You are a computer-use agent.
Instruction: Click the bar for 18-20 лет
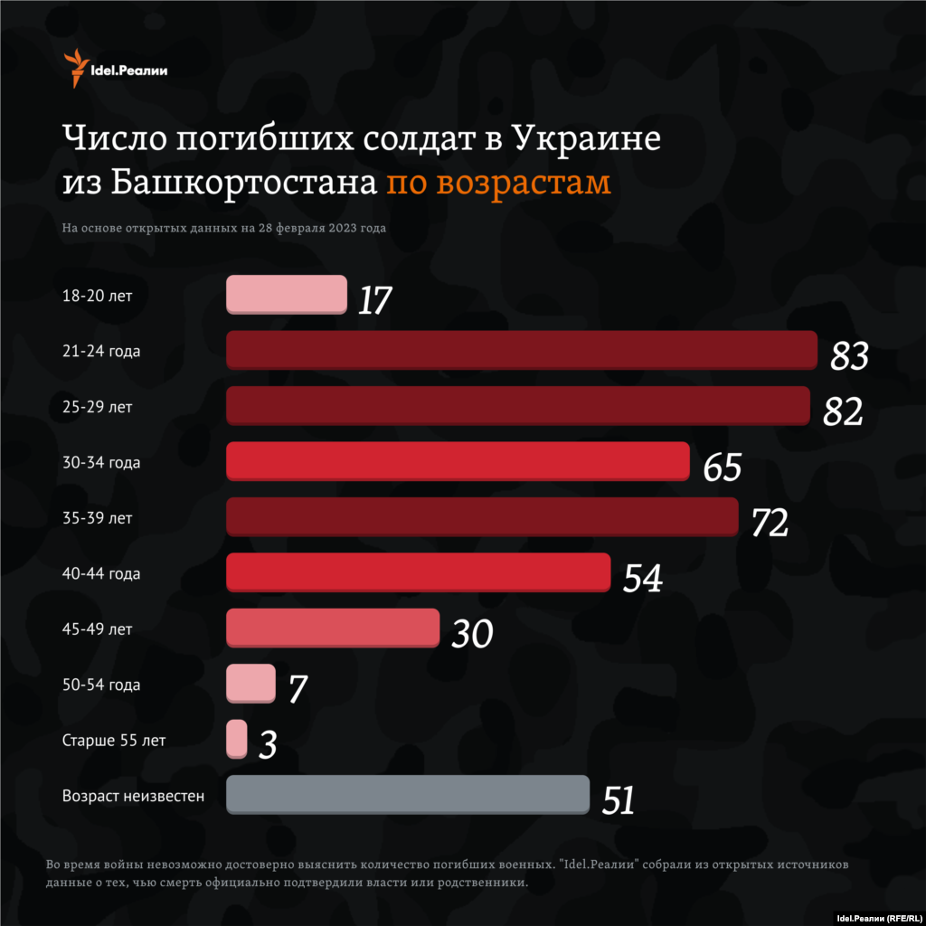coord(286,295)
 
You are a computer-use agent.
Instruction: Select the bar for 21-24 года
coord(522,350)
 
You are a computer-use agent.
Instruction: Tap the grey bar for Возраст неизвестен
coord(407,795)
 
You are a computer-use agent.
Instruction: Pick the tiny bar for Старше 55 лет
coord(236,739)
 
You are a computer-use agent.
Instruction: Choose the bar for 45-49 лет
coord(332,628)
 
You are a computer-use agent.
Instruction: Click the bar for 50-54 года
coord(250,684)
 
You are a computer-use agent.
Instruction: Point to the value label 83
coord(849,356)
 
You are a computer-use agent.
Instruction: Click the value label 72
coord(770,523)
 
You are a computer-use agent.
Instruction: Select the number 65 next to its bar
coord(722,468)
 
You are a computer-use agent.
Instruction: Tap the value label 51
coord(618,800)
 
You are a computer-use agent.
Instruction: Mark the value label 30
coord(472,634)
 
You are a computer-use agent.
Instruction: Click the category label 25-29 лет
coord(98,408)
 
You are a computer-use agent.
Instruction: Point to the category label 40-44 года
coord(101,574)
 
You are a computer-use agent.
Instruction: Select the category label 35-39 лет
coord(98,519)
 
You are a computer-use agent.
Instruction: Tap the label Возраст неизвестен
coord(133,797)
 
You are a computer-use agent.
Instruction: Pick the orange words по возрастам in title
coord(498,182)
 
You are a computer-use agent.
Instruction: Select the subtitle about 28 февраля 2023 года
coord(224,228)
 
